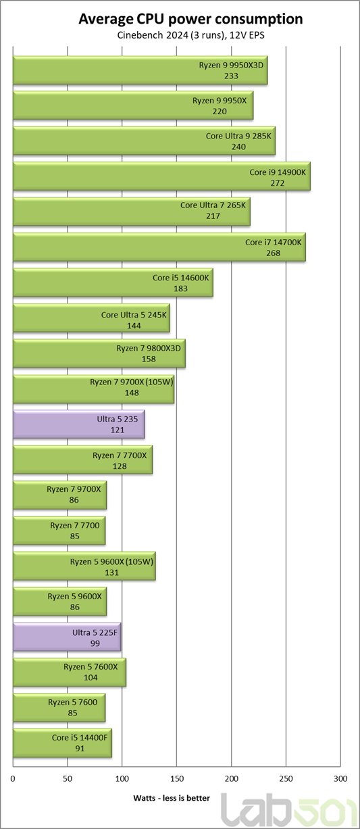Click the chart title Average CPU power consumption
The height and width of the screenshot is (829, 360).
click(x=190, y=19)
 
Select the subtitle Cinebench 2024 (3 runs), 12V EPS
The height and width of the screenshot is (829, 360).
click(x=190, y=35)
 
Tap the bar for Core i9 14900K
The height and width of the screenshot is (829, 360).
click(x=161, y=176)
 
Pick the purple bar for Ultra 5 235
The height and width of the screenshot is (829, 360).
click(x=79, y=424)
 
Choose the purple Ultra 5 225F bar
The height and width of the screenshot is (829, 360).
click(x=67, y=637)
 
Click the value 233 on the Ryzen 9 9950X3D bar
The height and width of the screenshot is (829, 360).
click(x=231, y=76)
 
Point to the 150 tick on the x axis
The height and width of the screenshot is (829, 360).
click(x=177, y=779)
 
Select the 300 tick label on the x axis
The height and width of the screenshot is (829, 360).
click(x=340, y=779)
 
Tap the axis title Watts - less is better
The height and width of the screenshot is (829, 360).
click(x=172, y=798)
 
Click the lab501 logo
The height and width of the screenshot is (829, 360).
click(x=289, y=810)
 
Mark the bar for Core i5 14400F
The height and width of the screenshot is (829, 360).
click(x=63, y=743)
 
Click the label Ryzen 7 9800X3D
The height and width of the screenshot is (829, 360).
click(x=149, y=348)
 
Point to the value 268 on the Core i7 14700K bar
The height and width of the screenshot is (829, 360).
click(x=273, y=253)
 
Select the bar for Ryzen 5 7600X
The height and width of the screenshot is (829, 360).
click(x=70, y=672)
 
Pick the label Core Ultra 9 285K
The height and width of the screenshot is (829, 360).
click(x=238, y=136)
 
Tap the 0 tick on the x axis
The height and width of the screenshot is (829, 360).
click(x=13, y=779)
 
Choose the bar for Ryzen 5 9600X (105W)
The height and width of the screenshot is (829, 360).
click(x=84, y=566)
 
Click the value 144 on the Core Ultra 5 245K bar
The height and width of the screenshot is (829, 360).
click(x=134, y=326)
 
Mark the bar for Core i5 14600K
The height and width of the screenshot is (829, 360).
click(x=113, y=282)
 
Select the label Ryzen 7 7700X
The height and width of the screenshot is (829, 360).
click(x=120, y=455)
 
